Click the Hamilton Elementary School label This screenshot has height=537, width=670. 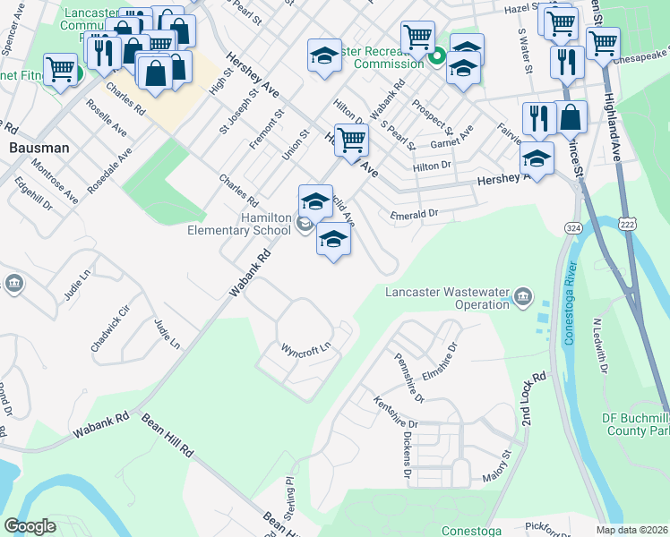pyautogui.click(x=264, y=224)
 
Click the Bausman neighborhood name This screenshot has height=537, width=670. pyautogui.click(x=36, y=147)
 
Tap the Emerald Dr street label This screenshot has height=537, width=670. pyautogui.click(x=414, y=215)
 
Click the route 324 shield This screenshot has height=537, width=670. pyautogui.click(x=571, y=228)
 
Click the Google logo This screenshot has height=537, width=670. pyautogui.click(x=30, y=526)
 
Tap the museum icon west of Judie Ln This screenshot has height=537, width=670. pyautogui.click(x=14, y=285)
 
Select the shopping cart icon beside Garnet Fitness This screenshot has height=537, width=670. pyautogui.click(x=60, y=68)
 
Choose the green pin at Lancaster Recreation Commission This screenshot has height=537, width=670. pyautogui.click(x=436, y=61)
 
